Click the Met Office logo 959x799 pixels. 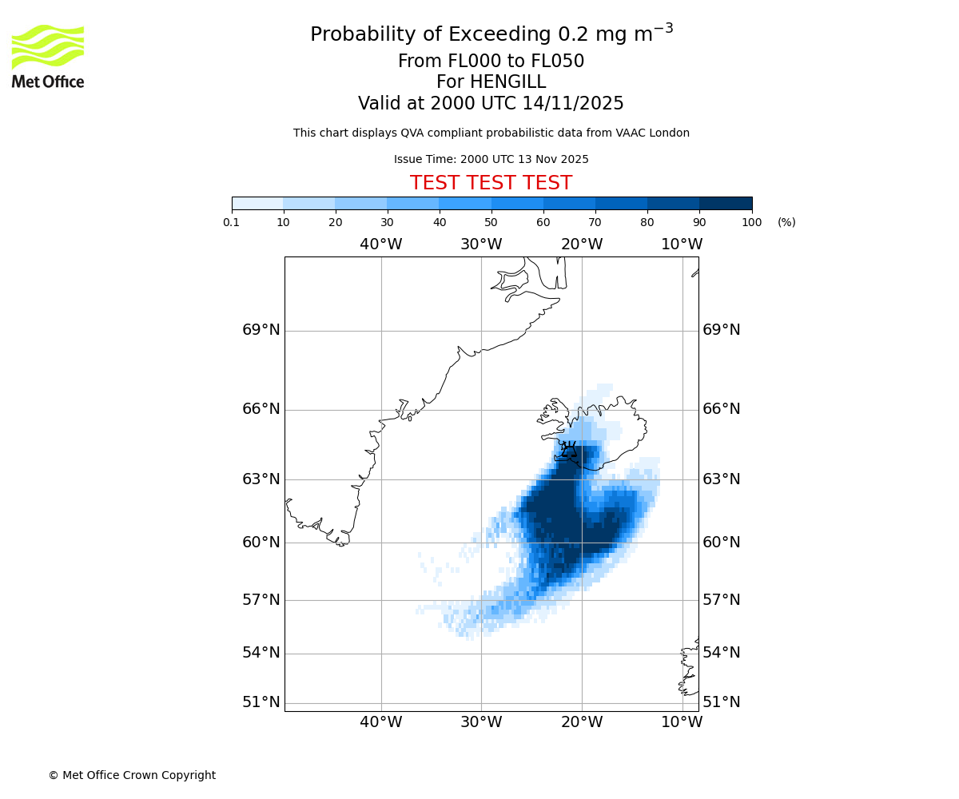[x=48, y=56]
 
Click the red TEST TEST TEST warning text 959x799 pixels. [x=491, y=184]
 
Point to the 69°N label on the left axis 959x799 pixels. [x=261, y=330]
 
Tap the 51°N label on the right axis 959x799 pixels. [x=721, y=702]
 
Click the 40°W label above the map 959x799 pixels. [x=380, y=244]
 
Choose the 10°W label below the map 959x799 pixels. [x=682, y=722]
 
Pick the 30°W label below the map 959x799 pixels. [x=480, y=722]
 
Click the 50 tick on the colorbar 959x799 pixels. [x=491, y=223]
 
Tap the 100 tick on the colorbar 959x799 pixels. [x=751, y=223]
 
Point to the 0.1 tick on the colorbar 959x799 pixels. [x=232, y=223]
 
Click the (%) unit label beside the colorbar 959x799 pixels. [x=786, y=223]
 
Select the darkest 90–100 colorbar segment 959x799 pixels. [x=726, y=203]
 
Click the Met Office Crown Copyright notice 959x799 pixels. [x=132, y=776]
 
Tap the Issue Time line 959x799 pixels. [x=491, y=160]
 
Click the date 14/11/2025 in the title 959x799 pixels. [x=573, y=104]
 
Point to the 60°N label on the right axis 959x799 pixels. [x=721, y=543]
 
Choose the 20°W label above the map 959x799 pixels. [x=581, y=244]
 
